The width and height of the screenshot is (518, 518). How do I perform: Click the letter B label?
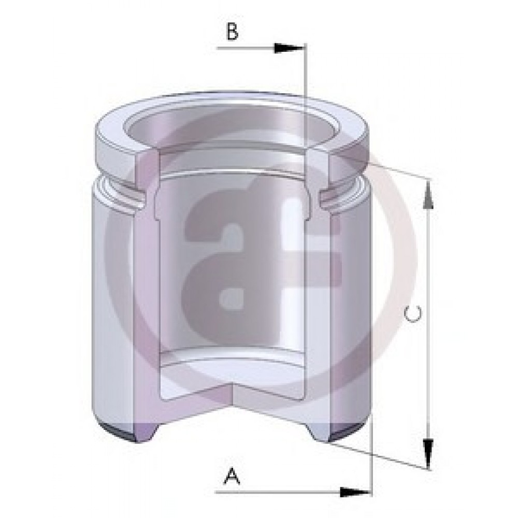tap(232, 32)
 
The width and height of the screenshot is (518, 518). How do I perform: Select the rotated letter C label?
tap(413, 314)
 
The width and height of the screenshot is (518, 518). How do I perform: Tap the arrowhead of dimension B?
tap(288, 48)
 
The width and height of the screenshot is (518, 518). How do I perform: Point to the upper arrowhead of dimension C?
tap(428, 195)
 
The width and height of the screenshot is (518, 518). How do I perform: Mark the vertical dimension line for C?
tap(428, 324)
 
